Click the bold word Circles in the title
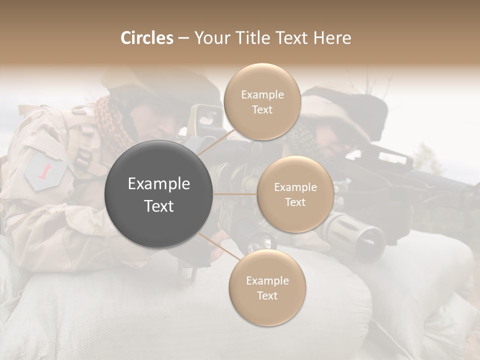point(147,38)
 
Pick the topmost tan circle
point(262,101)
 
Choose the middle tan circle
point(295,194)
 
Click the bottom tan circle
point(267,287)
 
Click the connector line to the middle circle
point(235,193)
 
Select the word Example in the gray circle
point(159,184)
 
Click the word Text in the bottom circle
point(267,295)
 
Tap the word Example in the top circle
point(262,94)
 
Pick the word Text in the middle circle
point(295,202)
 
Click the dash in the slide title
point(183,38)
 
